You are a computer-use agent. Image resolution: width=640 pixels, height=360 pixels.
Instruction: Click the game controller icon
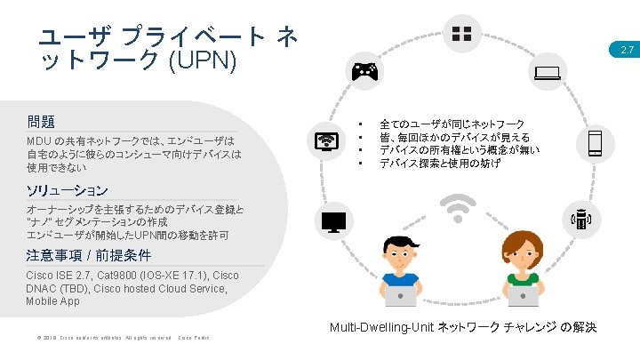coord(365,72)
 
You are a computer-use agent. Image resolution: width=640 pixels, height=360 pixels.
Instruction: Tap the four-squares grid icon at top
coord(462,35)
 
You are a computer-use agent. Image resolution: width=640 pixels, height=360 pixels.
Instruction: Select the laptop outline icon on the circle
coord(548,74)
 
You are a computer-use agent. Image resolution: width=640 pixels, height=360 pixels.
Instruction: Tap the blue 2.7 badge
coord(627,52)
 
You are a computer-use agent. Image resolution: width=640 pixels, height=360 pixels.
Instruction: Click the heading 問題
coord(41,121)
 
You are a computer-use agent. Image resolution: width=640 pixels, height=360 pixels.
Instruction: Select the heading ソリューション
coord(68,190)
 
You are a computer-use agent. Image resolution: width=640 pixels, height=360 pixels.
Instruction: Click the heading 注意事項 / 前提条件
coord(90,256)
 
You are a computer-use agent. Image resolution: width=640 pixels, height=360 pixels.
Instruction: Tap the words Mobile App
coord(52,301)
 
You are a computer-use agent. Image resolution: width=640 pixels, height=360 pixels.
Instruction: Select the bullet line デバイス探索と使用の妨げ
coord(439,164)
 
